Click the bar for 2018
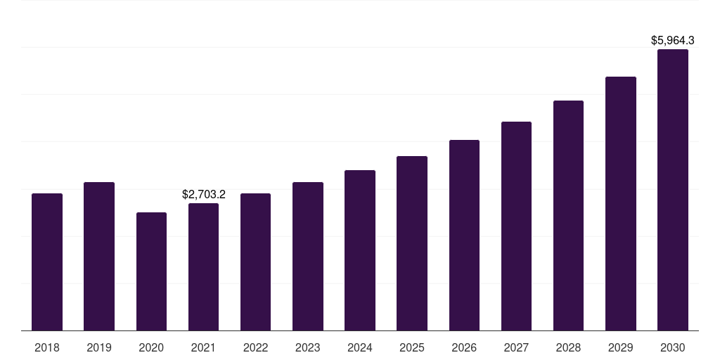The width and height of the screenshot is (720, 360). tap(47, 262)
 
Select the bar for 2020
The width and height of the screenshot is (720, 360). tap(152, 271)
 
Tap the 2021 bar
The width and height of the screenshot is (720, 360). tap(203, 266)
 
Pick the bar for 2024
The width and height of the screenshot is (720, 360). tap(360, 250)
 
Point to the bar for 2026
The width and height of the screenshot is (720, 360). tap(464, 235)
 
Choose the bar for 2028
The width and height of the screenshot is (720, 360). tap(568, 215)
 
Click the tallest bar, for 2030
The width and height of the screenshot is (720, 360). tap(673, 190)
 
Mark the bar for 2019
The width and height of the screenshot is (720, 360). tap(99, 256)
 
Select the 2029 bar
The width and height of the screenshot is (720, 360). tap(621, 203)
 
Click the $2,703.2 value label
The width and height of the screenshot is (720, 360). tap(203, 194)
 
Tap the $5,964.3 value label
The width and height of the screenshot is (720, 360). tap(673, 40)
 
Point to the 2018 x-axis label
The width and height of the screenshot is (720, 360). tap(47, 347)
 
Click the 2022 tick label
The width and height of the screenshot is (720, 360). tap(255, 347)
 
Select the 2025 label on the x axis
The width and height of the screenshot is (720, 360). tap(412, 347)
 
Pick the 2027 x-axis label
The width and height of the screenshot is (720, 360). tap(516, 347)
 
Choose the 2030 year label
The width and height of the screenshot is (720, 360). tap(673, 347)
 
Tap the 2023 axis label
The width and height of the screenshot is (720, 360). tap(308, 347)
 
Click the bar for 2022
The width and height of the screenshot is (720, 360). tap(255, 262)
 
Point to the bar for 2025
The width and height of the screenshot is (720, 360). tap(412, 243)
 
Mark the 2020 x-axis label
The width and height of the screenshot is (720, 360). tap(151, 347)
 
